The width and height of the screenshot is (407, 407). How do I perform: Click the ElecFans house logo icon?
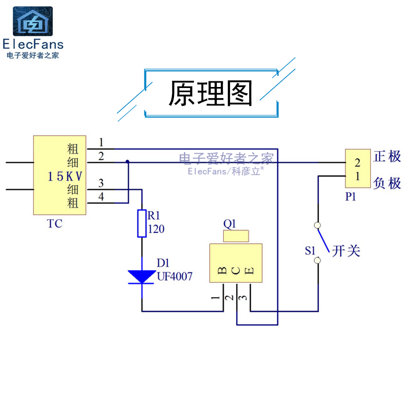point(33,21)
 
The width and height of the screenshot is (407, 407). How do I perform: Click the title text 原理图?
point(211,94)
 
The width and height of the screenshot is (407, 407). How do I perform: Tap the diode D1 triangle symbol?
point(141,276)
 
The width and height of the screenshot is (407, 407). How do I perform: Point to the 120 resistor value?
point(156,229)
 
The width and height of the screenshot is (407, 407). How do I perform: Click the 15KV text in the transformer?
point(65,177)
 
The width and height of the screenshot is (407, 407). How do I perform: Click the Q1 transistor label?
point(230,223)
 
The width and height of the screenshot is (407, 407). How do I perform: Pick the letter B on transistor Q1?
point(222,270)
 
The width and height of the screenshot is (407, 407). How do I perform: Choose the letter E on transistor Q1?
point(249,270)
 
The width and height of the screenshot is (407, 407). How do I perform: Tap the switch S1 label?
point(310,250)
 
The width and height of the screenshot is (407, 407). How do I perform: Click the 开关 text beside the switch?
point(346,250)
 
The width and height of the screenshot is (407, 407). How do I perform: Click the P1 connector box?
point(358,169)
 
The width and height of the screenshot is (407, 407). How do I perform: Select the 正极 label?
point(388,156)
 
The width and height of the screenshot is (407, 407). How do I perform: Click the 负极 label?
point(388,183)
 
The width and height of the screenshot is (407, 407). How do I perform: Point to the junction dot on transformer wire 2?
point(127,162)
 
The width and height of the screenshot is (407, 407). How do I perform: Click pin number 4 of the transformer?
point(101,196)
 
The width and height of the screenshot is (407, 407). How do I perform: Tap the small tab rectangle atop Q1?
point(236,236)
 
